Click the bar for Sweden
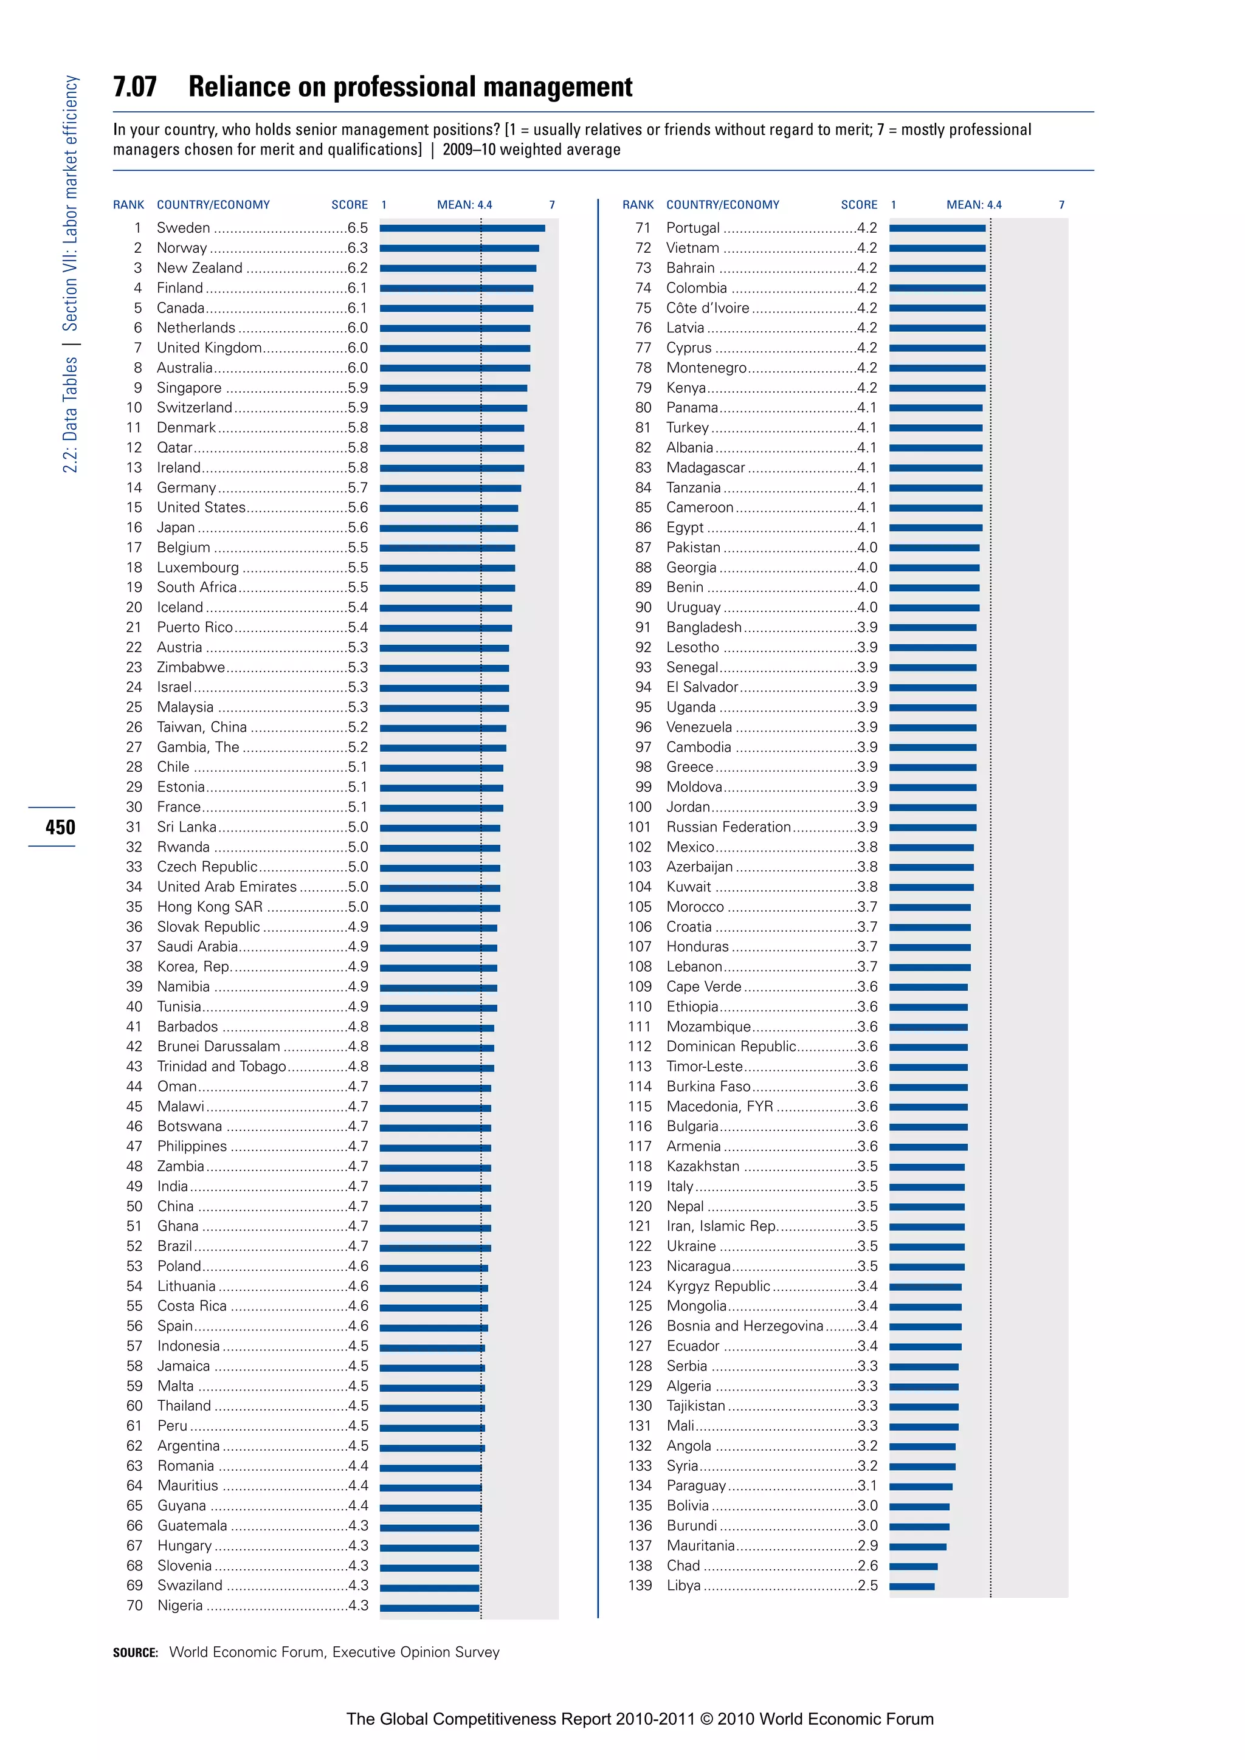pos(462,228)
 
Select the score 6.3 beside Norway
pos(357,247)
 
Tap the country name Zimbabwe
pos(191,667)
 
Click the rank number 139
pos(640,1585)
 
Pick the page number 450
pos(60,827)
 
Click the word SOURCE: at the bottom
pos(135,1652)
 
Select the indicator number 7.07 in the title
pos(135,87)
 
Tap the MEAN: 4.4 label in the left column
pos(464,205)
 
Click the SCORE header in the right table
pos(858,205)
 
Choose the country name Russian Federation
pos(728,827)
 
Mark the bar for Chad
pos(913,1566)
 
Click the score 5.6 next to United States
pos(357,507)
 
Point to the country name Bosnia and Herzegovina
pos(745,1325)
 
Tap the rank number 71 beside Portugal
pos(643,228)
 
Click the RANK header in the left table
pos(128,205)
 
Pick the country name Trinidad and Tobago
pos(221,1067)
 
